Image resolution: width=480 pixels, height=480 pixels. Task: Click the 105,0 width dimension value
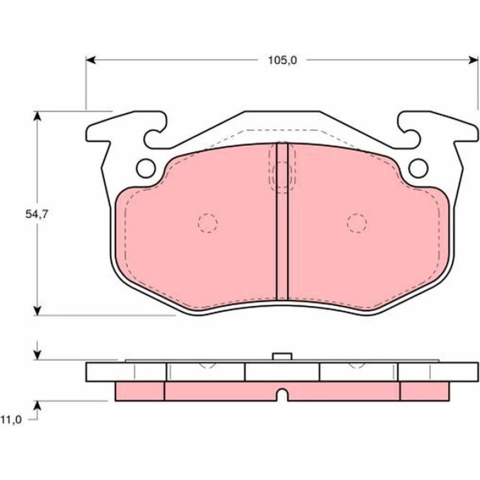[x=282, y=60]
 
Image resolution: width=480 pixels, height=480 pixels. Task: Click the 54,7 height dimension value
[x=37, y=214]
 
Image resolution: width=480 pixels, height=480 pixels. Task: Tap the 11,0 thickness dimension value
[x=11, y=420]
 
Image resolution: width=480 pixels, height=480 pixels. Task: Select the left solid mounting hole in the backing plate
[x=146, y=168]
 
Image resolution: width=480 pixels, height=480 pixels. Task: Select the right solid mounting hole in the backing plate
[x=418, y=168]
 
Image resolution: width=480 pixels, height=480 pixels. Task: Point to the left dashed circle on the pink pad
[x=208, y=223]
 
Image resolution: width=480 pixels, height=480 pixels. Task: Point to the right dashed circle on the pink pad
[x=357, y=223]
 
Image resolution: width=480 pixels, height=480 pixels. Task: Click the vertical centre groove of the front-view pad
[x=282, y=221]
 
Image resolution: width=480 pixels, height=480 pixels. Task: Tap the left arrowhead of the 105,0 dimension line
[x=91, y=60]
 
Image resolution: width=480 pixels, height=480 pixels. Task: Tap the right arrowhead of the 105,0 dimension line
[x=473, y=60]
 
